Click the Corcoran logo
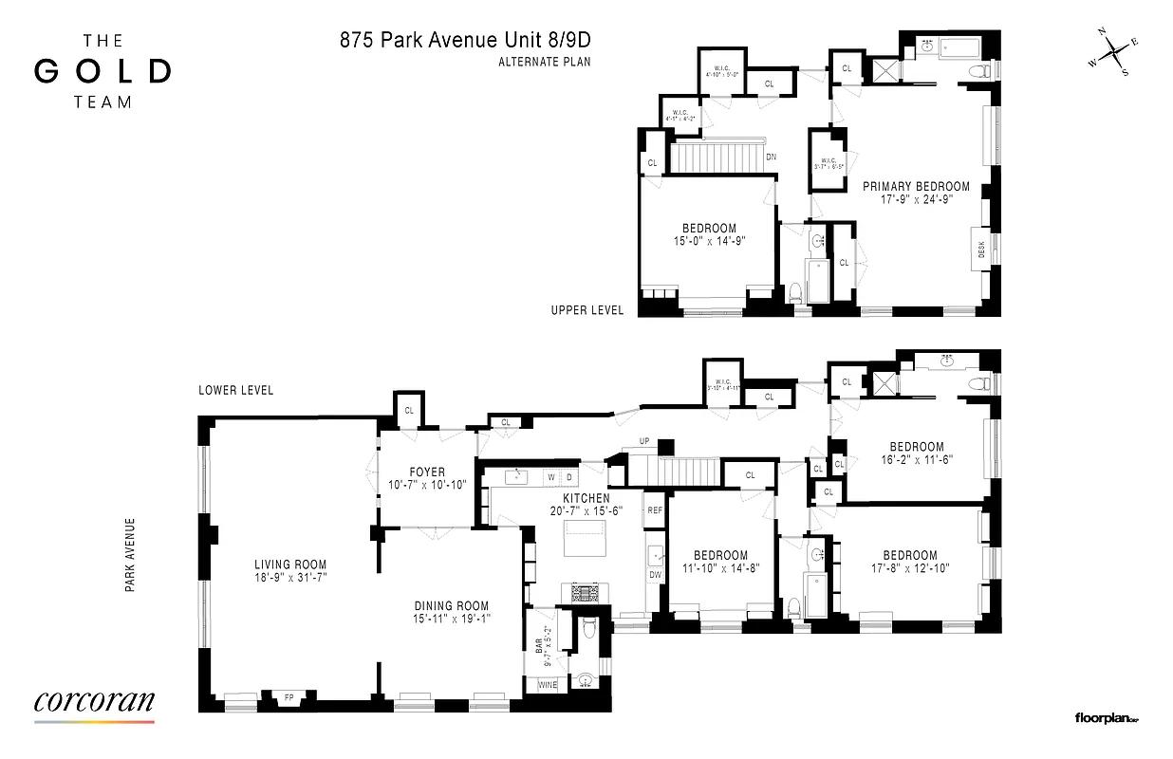tap(94, 703)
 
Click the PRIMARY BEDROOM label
tap(916, 187)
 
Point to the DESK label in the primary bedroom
tap(981, 250)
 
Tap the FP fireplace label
tap(289, 699)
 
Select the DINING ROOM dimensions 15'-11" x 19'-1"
tap(451, 620)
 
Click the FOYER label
tap(427, 472)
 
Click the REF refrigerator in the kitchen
tap(655, 510)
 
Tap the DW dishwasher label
tap(655, 574)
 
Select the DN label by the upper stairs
tap(773, 157)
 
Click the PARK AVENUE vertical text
tap(129, 555)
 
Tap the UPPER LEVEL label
tap(587, 310)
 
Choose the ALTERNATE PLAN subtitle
tap(538, 64)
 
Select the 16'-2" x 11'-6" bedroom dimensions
tap(916, 459)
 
